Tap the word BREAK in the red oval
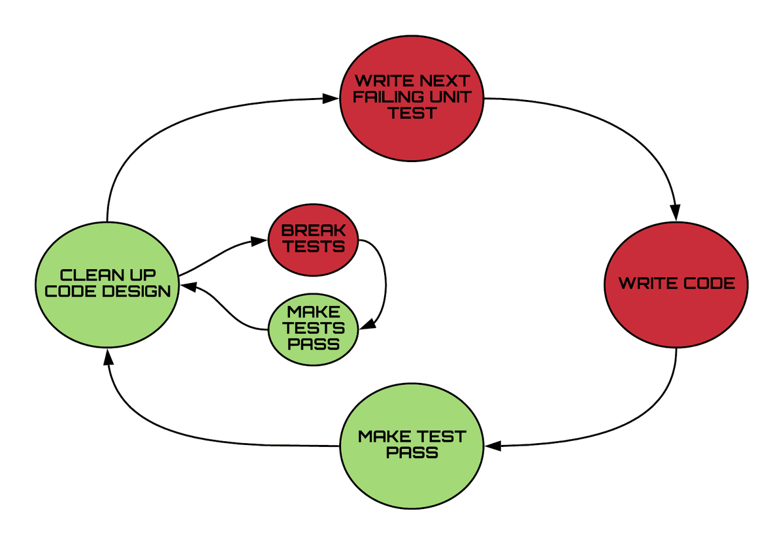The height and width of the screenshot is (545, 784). click(x=314, y=231)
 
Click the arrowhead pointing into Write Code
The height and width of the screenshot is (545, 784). click(x=676, y=212)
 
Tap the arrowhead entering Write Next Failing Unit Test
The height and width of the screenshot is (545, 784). click(x=332, y=99)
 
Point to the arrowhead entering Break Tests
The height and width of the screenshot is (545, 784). click(x=260, y=240)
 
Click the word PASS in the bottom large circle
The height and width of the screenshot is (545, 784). click(x=412, y=452)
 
